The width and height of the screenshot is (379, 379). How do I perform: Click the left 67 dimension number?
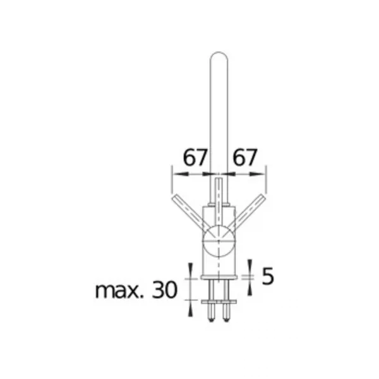tap(195, 157)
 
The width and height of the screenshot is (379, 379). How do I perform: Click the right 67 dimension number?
tap(245, 157)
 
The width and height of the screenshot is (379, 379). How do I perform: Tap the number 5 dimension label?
tap(268, 276)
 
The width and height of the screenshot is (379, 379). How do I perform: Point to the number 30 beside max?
tap(165, 289)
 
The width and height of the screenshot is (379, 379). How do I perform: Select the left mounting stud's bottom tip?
tap(212, 320)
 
